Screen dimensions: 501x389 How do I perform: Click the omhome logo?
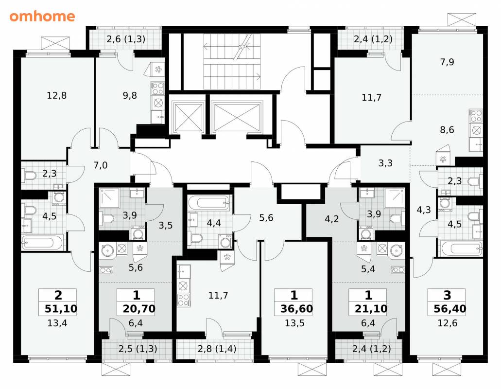pos(42,17)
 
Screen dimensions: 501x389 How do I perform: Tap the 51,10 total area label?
pos(61,309)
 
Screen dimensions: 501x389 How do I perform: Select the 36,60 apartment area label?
pos(296,309)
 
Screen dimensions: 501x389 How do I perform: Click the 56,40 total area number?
pos(450,309)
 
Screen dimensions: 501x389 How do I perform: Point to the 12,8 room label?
pos(56,95)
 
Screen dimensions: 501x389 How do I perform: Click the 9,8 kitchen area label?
pos(130,95)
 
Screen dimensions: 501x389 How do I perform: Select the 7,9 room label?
pos(447,62)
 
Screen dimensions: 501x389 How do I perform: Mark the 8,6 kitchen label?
pos(447,130)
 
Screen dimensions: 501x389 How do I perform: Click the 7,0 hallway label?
pos(100,165)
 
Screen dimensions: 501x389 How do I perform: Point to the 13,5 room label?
pos(294,323)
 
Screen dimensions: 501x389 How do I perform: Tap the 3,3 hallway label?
pos(385,163)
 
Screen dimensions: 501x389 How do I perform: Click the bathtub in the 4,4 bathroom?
pos(209,203)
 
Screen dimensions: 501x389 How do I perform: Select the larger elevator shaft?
pos(237,117)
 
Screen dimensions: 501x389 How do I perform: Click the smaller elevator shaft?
pos(188,117)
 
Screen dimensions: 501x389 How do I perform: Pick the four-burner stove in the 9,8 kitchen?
pos(157,88)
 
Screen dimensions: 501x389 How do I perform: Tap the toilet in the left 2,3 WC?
pos(29,176)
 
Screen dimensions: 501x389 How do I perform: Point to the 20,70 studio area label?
pos(139,309)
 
